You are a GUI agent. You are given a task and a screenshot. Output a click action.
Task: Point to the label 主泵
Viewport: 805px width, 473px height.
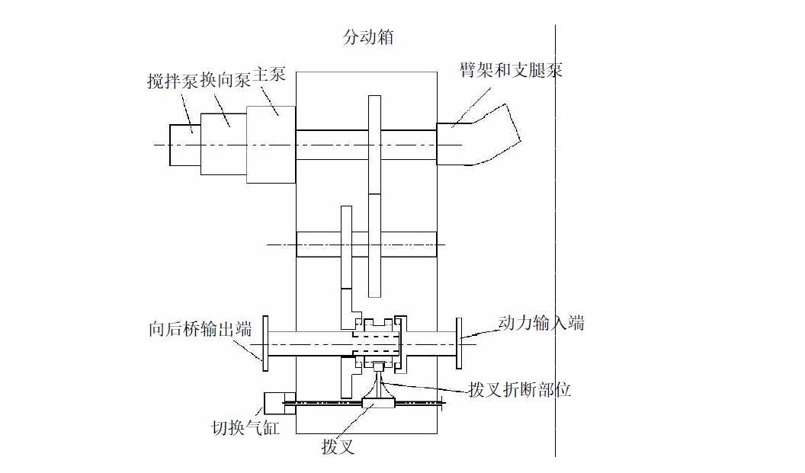pyautogui.click(x=269, y=74)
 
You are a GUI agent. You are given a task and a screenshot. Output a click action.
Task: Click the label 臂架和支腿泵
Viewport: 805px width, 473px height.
pyautogui.click(x=511, y=71)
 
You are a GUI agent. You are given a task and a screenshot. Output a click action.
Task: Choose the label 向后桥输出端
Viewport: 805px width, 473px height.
pyautogui.click(x=200, y=329)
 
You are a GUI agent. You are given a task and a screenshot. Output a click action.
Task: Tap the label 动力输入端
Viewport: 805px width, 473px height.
pyautogui.click(x=541, y=323)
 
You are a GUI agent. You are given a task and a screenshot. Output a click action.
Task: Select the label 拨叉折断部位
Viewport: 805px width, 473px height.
pyautogui.click(x=520, y=390)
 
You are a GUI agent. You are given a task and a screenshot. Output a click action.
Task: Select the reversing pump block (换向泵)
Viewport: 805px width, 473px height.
pyautogui.click(x=223, y=144)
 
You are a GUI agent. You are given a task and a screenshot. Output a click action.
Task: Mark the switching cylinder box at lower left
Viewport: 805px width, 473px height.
pyautogui.click(x=273, y=403)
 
